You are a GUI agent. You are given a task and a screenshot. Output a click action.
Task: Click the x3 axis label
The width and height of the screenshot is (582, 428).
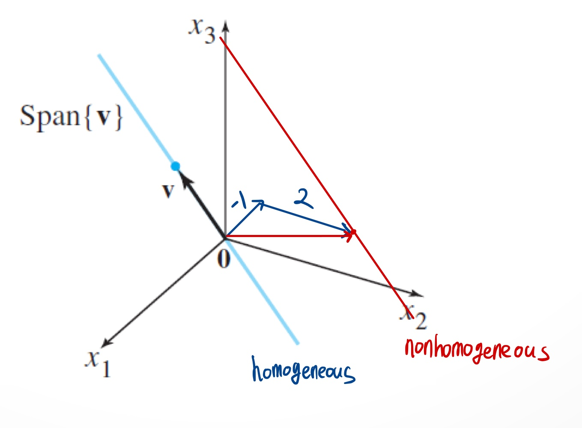pos(203,31)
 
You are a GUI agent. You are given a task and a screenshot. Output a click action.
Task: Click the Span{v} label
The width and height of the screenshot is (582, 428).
pos(71,116)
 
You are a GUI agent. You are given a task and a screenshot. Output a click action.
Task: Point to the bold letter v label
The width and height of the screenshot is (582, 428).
pos(168,190)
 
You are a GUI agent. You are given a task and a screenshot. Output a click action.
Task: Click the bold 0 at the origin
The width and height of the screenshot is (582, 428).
pos(224,259)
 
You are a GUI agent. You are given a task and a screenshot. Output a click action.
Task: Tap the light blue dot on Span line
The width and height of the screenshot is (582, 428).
pos(175,166)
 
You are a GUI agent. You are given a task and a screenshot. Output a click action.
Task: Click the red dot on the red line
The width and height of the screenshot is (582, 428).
pos(354,232)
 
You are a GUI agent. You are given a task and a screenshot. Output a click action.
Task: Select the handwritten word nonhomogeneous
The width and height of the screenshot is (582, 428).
pos(476,350)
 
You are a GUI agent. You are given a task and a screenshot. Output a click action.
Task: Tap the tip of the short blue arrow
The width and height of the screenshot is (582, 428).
pos(261,202)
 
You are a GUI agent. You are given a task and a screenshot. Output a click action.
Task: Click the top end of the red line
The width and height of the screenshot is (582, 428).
pos(220,38)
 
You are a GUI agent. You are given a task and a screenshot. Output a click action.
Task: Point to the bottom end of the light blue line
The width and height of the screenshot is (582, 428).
pos(297,343)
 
